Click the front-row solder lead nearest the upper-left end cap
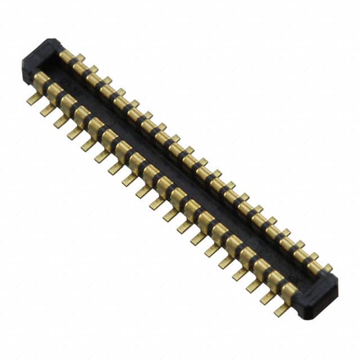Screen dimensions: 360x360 pos(34,100)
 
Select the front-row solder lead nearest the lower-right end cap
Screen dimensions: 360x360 pos(281,310)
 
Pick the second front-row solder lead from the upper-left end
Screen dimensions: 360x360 pos(47,110)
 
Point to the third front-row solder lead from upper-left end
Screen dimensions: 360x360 pos(61,121)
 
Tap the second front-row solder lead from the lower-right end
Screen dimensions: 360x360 pos(268,299)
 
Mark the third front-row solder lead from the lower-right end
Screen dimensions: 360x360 pos(254,287)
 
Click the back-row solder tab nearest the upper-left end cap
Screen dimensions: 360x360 pos(80,58)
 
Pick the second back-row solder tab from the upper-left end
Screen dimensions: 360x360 pos(93,69)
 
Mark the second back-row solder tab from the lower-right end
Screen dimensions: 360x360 pos(313,256)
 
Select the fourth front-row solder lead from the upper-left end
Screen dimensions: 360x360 pos(74,133)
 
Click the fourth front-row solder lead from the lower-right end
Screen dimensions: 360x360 pos(240,275)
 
